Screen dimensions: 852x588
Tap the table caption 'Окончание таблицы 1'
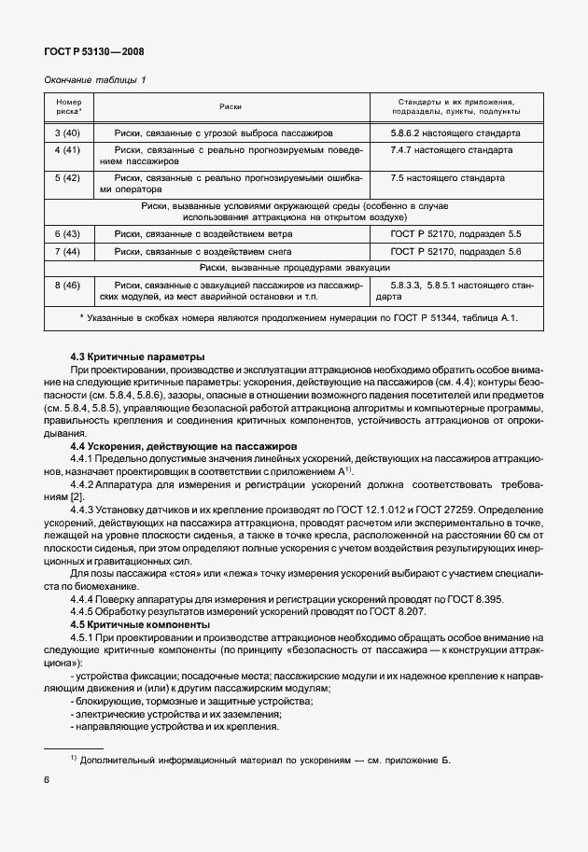pos(96,81)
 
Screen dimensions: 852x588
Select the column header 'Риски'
pos(231,107)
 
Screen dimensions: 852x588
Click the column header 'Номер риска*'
pos(69,107)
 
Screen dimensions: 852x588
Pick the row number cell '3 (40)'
pos(68,133)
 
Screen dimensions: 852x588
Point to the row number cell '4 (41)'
pos(68,149)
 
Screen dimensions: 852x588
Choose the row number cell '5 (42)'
pos(68,177)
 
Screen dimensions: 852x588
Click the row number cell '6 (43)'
pos(68,233)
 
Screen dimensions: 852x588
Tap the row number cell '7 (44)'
pos(68,251)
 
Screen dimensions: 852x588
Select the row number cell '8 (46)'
pos(68,285)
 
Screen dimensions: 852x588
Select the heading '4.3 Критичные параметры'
pos(138,357)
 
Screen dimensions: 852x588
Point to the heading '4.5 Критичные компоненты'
pos(141,624)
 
